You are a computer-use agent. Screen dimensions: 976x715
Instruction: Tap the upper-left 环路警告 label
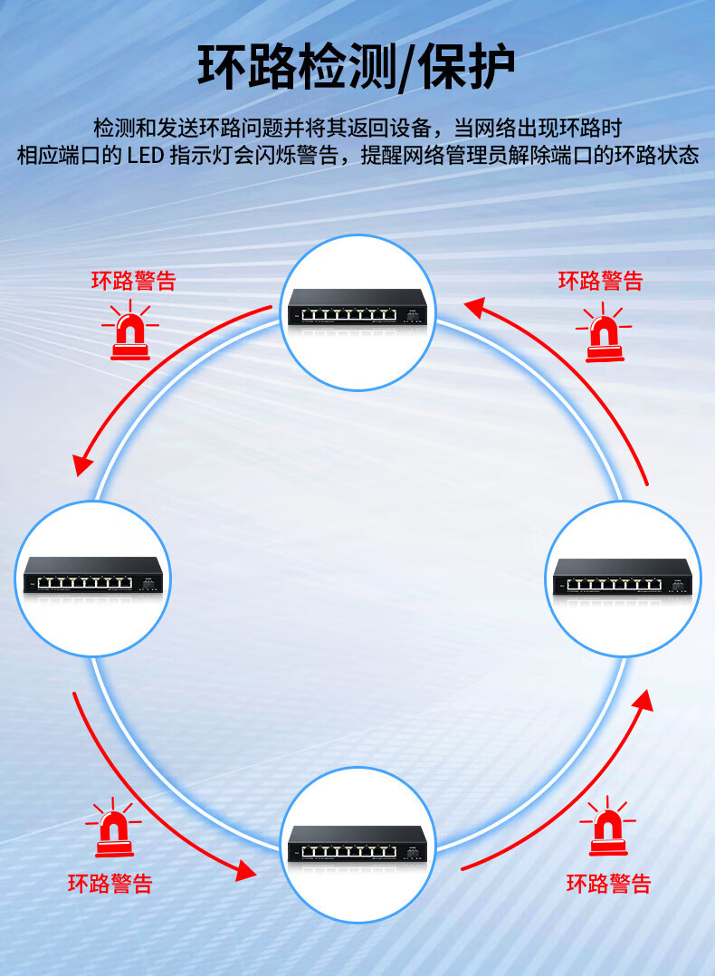pos(133,281)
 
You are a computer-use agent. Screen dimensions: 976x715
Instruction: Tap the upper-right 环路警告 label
pos(600,281)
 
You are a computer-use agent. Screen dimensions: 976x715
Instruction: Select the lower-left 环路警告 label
pos(110,883)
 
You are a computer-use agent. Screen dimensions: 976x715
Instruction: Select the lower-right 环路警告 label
pos(608,883)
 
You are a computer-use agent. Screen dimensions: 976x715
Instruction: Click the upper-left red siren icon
pos(130,331)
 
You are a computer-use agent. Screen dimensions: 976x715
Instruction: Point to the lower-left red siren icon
pos(113,829)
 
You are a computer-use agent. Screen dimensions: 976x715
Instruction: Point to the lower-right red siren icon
pos(607,828)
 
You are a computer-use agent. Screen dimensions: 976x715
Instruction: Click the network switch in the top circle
pos(357,308)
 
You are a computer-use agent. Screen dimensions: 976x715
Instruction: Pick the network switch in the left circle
pos(92,576)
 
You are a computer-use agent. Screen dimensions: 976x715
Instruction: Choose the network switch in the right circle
pos(623,577)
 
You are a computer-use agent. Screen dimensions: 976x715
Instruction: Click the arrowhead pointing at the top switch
pos(475,308)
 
